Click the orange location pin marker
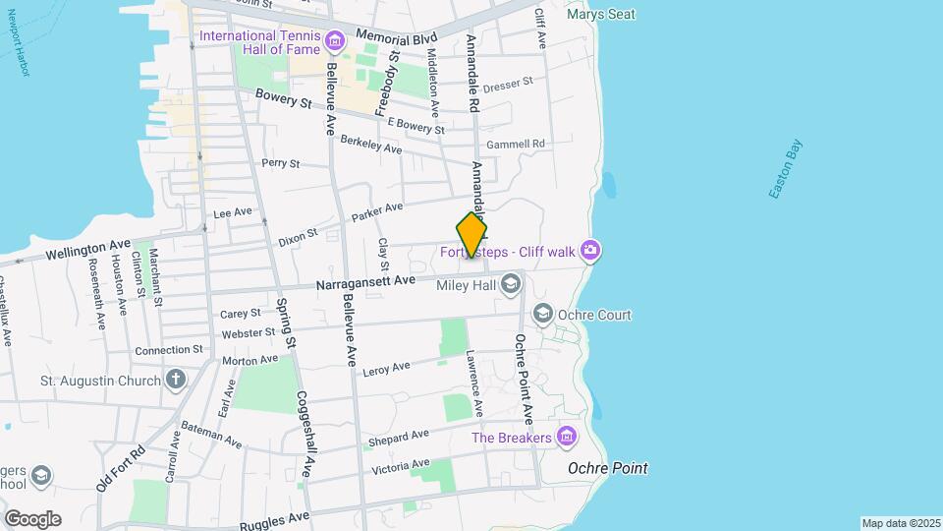(471, 235)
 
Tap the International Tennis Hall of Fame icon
(335, 40)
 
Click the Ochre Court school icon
(542, 315)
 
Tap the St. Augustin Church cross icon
(176, 380)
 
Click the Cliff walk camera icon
(590, 252)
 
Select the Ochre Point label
(607, 468)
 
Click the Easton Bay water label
(786, 170)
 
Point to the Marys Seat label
(600, 15)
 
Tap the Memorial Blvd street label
(396, 35)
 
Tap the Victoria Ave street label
(400, 465)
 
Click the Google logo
(32, 518)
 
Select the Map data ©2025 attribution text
(901, 523)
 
